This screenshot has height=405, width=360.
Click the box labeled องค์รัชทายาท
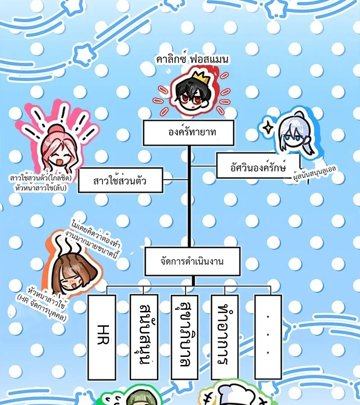click(x=189, y=132)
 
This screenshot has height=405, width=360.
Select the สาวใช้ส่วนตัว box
click(x=121, y=180)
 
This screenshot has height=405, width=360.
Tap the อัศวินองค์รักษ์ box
click(x=258, y=166)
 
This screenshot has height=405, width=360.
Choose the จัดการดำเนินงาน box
click(x=193, y=261)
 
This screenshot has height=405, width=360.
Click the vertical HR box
click(x=102, y=337)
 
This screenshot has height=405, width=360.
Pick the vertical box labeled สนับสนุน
click(x=144, y=337)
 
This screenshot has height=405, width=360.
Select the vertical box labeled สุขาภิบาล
click(x=185, y=337)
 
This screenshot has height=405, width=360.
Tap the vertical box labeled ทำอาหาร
click(x=225, y=337)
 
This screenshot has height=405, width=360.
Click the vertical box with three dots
click(x=268, y=337)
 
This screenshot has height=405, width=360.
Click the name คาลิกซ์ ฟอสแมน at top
click(x=192, y=59)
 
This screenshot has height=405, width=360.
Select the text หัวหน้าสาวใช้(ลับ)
click(x=41, y=188)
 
